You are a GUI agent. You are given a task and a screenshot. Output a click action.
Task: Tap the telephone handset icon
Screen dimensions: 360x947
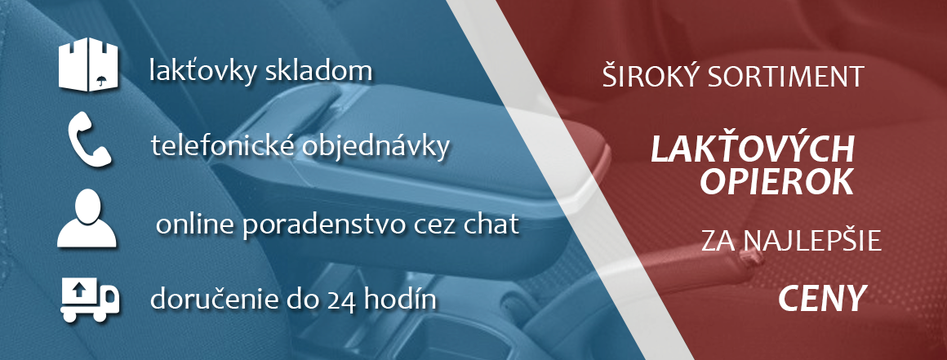[x=89, y=140]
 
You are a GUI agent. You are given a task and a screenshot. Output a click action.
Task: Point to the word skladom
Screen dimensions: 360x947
[x=319, y=72]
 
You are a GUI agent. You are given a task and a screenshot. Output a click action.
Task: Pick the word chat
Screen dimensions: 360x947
[x=489, y=224]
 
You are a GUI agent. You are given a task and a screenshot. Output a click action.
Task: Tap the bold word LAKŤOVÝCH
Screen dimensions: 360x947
[x=752, y=149]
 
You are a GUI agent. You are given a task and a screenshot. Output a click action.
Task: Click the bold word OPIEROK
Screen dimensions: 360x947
[x=776, y=181]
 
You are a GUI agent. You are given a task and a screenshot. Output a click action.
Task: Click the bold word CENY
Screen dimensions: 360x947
[x=820, y=299]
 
